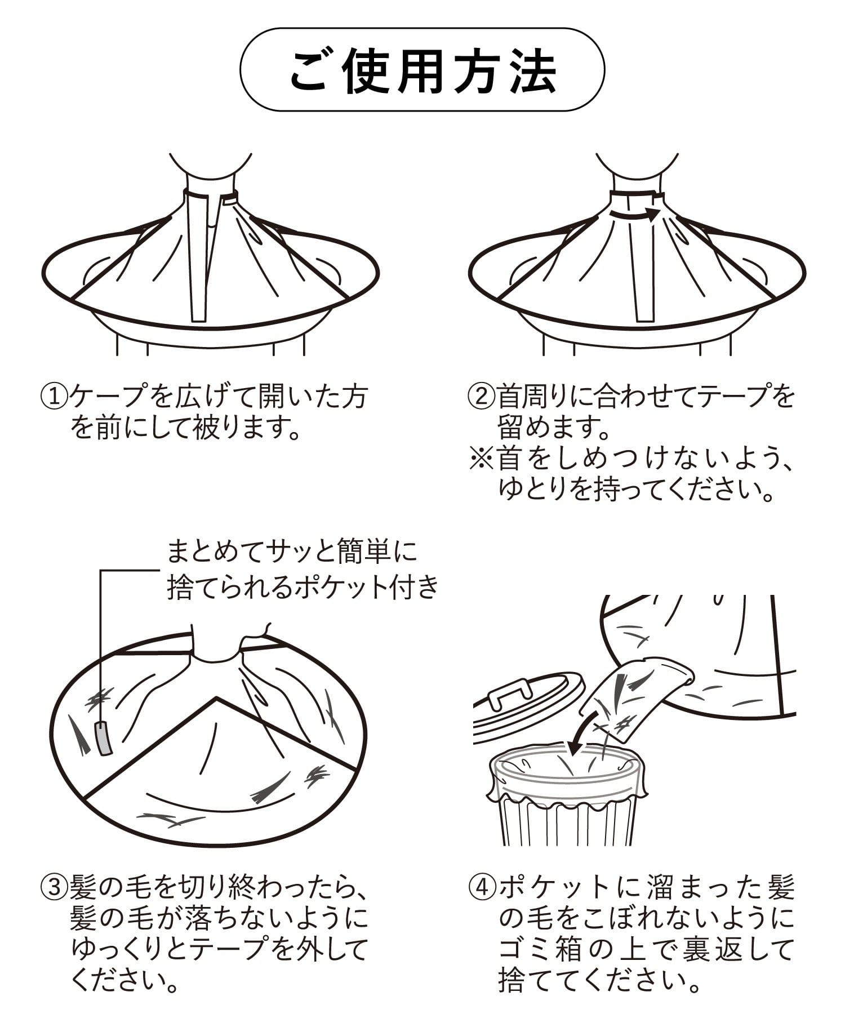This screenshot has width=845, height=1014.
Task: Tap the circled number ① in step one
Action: (54, 397)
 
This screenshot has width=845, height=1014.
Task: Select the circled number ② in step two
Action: (482, 397)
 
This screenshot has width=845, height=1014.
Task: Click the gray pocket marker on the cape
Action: (104, 737)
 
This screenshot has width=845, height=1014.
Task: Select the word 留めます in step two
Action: (544, 429)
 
